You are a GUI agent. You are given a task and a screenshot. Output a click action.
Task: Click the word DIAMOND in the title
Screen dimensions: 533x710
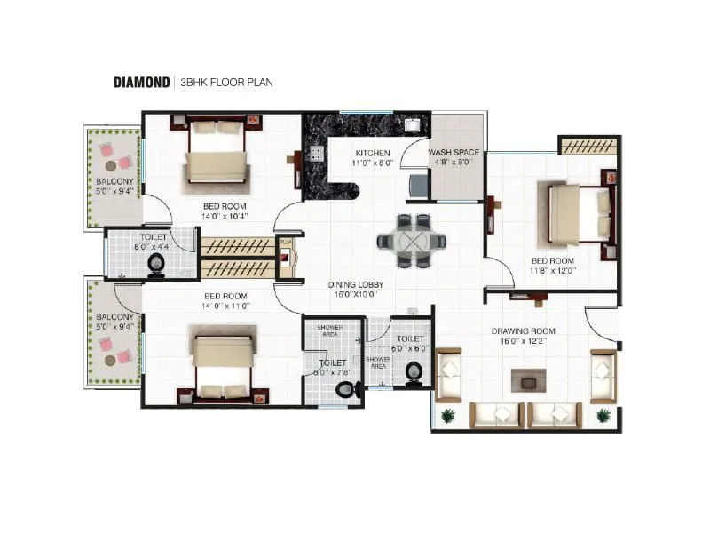[141, 83]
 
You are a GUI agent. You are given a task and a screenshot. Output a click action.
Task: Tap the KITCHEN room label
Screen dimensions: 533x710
[373, 153]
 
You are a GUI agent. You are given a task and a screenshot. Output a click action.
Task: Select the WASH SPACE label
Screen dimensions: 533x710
[454, 153]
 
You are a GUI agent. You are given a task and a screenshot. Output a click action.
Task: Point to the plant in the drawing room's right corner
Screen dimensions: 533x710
[603, 415]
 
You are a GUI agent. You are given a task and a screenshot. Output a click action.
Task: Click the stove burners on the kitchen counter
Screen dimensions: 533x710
[314, 153]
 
